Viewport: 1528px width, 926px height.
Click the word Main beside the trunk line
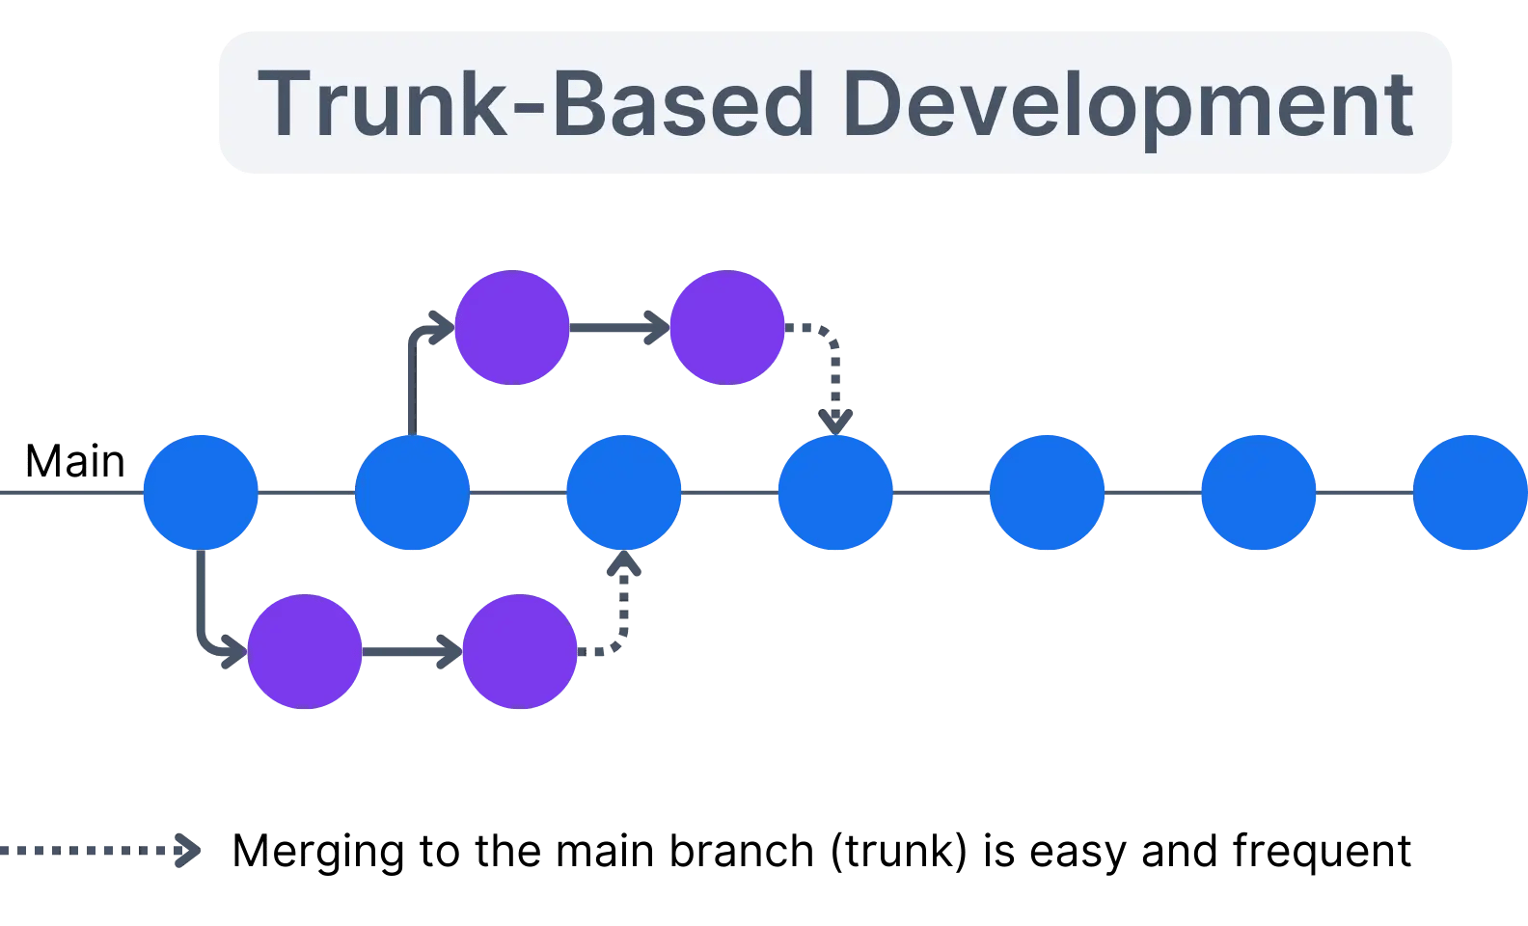[x=74, y=461]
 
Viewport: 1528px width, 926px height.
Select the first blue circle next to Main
[x=201, y=493]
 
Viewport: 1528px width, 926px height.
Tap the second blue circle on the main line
[x=412, y=493]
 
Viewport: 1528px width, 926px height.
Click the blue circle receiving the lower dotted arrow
[x=623, y=493]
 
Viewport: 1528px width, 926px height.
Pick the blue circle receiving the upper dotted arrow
[x=835, y=493]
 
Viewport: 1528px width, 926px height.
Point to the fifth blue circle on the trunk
[x=1047, y=493]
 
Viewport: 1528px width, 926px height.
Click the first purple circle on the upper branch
[x=511, y=328]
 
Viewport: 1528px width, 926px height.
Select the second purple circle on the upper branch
[x=726, y=328]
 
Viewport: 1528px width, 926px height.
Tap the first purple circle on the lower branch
[x=305, y=652]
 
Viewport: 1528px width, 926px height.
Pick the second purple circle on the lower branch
[x=520, y=652]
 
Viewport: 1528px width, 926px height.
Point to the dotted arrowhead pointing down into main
[x=835, y=422]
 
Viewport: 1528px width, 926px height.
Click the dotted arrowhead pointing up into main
[x=623, y=564]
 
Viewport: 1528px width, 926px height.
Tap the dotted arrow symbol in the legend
[x=101, y=851]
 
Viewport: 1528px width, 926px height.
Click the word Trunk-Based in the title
[x=535, y=104]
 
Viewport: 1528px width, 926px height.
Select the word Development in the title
[x=1127, y=104]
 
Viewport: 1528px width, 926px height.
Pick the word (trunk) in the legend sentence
[x=898, y=851]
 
